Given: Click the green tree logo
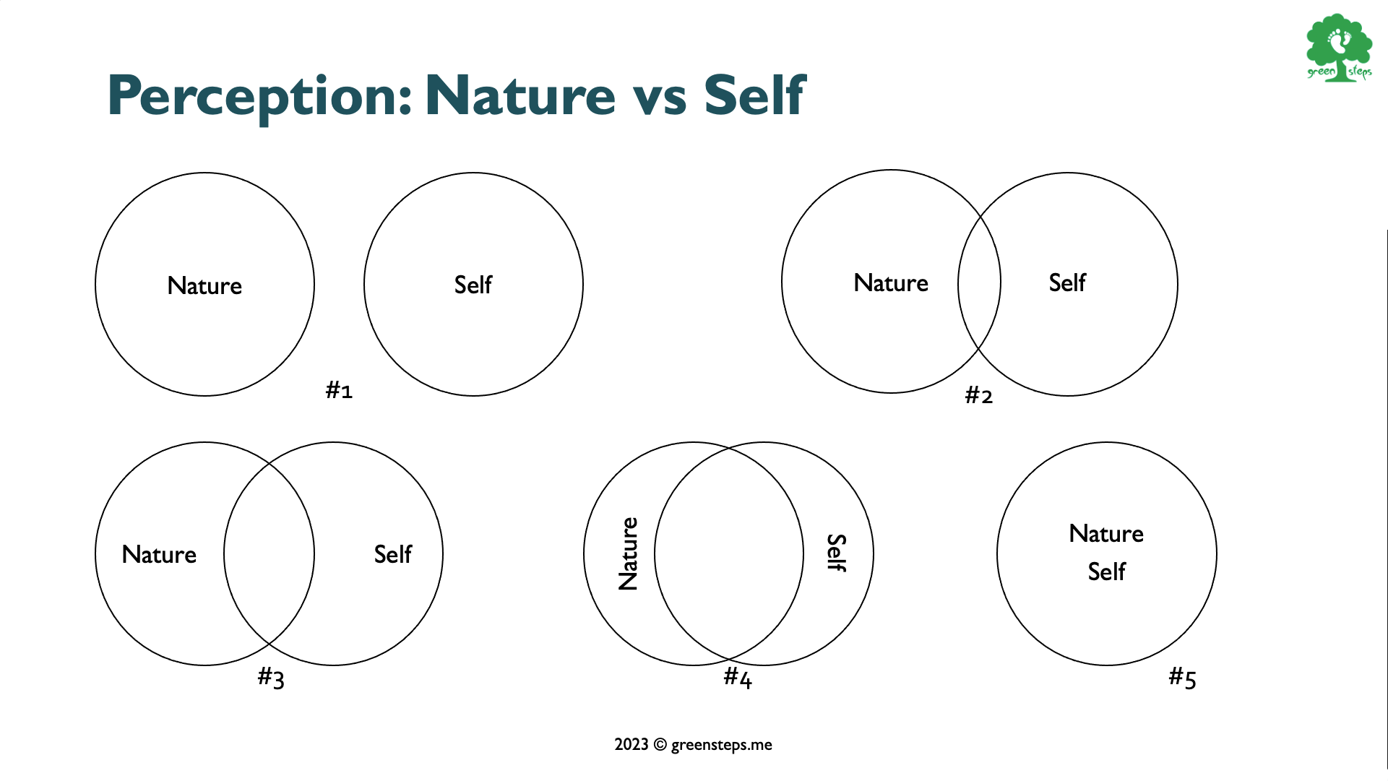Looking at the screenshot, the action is tap(1339, 48).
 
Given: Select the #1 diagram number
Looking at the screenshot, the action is tap(339, 390).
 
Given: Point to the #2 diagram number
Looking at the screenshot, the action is tap(979, 395).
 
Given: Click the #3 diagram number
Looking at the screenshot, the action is tap(271, 678).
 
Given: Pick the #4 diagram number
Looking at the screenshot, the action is tap(738, 678).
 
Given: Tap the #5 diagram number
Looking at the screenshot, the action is tap(1183, 678).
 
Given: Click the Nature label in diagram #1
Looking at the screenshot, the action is tap(204, 285).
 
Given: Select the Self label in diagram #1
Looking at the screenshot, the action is tap(473, 284).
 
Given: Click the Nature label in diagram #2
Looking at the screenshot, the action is tap(891, 282).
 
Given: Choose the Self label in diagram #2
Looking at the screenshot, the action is tap(1067, 282).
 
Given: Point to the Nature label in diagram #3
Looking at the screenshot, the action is tap(159, 554).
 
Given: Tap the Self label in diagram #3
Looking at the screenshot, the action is tap(392, 553).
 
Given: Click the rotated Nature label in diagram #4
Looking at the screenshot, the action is tap(629, 553).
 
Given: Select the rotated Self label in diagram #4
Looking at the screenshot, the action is tap(836, 553).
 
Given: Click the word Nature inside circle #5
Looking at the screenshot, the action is tap(1106, 533).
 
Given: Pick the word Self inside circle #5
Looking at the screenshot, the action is tap(1106, 571).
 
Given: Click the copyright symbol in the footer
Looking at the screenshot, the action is tap(660, 745).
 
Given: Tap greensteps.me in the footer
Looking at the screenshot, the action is tap(722, 746).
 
